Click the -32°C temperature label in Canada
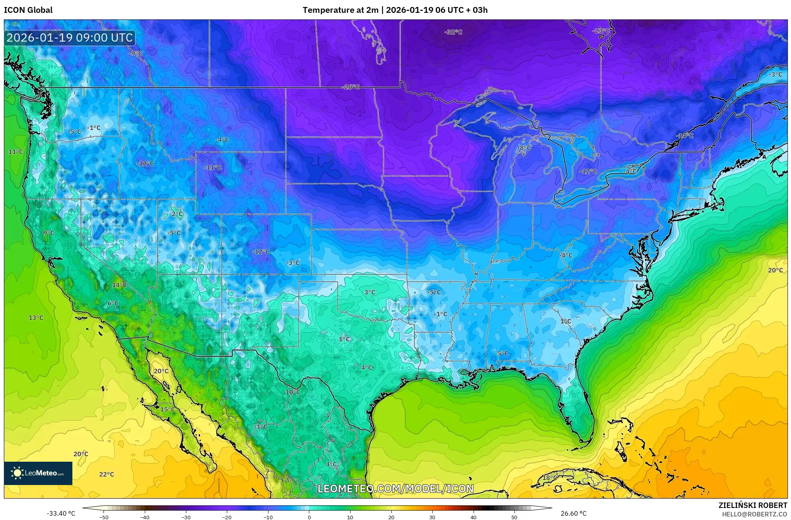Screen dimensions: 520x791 453,32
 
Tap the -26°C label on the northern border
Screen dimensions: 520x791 351,87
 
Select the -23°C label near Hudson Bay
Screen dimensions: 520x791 601,31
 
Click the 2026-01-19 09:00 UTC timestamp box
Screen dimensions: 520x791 70,38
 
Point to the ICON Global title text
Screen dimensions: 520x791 28,10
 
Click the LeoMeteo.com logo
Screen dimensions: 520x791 38,473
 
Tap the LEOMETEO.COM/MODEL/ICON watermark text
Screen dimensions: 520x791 395,489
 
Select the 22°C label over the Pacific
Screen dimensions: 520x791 106,474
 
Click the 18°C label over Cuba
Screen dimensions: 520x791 548,478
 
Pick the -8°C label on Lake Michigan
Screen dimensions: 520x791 524,148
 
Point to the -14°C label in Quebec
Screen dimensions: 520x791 685,136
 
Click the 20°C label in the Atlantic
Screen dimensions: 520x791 775,270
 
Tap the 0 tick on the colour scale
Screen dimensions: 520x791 309,517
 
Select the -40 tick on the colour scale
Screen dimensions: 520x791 145,517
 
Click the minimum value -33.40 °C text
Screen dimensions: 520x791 61,513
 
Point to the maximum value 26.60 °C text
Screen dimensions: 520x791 573,513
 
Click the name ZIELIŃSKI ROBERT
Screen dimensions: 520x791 752,505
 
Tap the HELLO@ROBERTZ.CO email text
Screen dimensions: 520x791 754,514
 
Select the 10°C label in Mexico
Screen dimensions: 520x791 293,392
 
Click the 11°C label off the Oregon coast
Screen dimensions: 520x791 16,152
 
